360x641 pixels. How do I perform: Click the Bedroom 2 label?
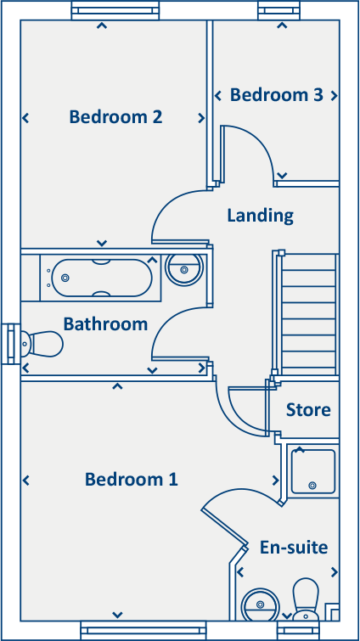[x=115, y=117]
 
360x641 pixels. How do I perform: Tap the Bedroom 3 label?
[x=276, y=95]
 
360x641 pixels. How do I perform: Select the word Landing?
[x=260, y=216]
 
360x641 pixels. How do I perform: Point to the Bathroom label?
[x=105, y=324]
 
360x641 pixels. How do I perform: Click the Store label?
[x=307, y=410]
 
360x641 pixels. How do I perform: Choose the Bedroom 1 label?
[x=131, y=480]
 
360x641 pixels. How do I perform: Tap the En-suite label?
[x=294, y=548]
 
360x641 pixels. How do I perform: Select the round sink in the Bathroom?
[x=184, y=270]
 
